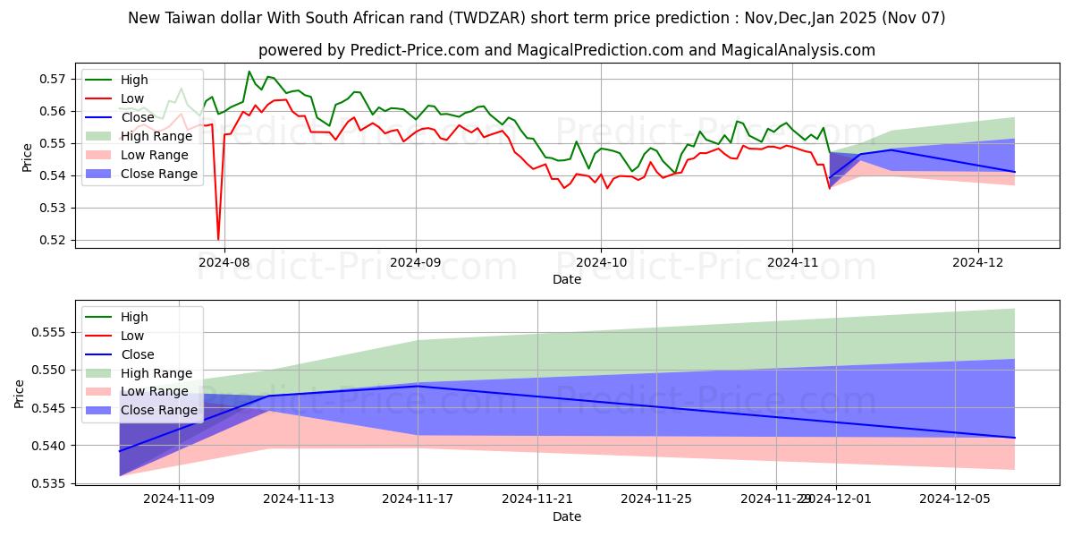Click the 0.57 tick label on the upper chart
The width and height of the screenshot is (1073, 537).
(x=54, y=79)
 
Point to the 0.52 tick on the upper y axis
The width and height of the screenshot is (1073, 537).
(x=54, y=240)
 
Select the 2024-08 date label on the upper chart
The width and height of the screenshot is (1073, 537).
(x=224, y=263)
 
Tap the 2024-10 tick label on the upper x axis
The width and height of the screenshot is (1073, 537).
(x=600, y=263)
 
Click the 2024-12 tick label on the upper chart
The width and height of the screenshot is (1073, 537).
(x=978, y=263)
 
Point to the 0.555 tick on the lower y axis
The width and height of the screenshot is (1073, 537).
(x=50, y=332)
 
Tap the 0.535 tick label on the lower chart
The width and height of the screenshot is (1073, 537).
(x=50, y=483)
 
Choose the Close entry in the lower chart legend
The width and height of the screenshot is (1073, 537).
(x=137, y=354)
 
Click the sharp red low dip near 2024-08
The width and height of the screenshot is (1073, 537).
(x=218, y=239)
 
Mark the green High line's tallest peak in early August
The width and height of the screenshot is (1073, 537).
(x=249, y=72)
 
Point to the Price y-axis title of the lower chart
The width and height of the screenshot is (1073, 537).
(x=20, y=394)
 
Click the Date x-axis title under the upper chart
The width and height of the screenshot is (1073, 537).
(x=567, y=279)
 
